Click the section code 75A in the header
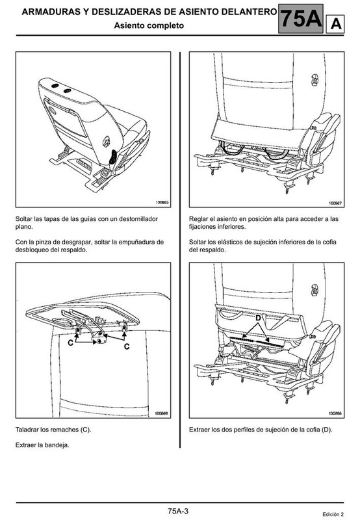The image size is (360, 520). pyautogui.click(x=301, y=19)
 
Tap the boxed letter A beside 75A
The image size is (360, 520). pyautogui.click(x=335, y=24)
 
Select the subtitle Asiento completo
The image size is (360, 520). pyautogui.click(x=149, y=25)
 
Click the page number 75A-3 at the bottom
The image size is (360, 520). pyautogui.click(x=178, y=511)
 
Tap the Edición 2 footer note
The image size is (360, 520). pyautogui.click(x=333, y=514)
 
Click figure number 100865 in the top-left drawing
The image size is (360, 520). pyautogui.click(x=162, y=202)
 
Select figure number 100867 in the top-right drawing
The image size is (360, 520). pyautogui.click(x=335, y=203)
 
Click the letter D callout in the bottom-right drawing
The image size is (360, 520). pyautogui.click(x=258, y=318)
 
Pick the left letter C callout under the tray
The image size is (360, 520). pyautogui.click(x=71, y=343)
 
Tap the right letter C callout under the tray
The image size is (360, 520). pyautogui.click(x=127, y=346)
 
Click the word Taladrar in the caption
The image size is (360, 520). pyautogui.click(x=27, y=430)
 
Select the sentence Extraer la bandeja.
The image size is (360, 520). pyautogui.click(x=42, y=445)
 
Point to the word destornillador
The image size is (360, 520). pyautogui.click(x=138, y=219)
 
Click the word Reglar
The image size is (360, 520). pyautogui.click(x=198, y=219)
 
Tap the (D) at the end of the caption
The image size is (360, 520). pyautogui.click(x=327, y=430)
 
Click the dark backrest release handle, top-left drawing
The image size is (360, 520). pyautogui.click(x=113, y=157)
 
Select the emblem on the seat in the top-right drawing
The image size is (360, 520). pyautogui.click(x=315, y=80)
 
